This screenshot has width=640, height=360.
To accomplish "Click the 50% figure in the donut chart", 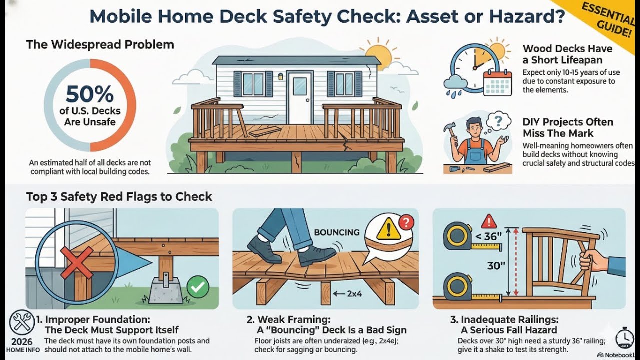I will point(90,94).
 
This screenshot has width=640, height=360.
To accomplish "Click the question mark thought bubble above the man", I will point(498,121).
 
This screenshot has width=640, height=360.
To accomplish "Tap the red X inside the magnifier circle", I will point(76,262).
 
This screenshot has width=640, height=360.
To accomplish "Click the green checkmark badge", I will point(198,286).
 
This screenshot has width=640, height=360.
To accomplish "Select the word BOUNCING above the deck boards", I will point(336,232).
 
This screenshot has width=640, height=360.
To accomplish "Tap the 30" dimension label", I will point(496,266).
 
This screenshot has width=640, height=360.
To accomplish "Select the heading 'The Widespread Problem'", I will point(100,44).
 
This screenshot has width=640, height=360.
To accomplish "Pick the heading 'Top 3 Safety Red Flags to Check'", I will point(119,196).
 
